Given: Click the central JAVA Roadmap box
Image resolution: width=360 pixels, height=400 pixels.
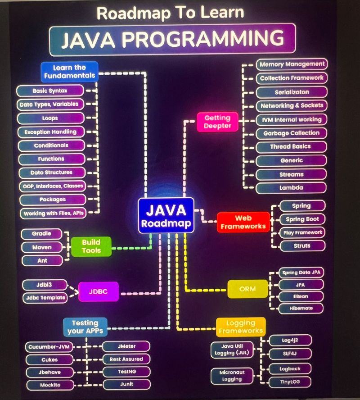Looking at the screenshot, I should (166, 215).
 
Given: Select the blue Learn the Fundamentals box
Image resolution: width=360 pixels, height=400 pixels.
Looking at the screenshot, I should (69, 72).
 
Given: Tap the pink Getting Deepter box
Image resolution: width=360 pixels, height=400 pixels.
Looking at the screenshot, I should (217, 122).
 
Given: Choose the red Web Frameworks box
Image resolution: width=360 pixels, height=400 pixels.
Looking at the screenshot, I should (243, 222).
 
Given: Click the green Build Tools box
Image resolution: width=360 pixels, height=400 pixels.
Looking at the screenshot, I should (91, 246).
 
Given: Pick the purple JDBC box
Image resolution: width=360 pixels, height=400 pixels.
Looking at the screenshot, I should (99, 291).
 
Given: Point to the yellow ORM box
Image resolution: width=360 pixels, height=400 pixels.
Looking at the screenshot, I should (247, 289).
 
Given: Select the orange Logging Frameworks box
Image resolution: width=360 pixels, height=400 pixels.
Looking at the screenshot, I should (241, 327).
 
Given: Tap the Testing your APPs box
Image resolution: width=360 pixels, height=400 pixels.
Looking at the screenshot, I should (85, 327).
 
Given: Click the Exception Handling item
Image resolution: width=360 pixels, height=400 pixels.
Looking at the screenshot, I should (50, 132).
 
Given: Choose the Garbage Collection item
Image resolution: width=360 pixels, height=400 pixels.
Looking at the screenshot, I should (291, 133).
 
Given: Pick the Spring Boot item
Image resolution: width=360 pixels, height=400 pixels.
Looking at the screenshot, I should (302, 219).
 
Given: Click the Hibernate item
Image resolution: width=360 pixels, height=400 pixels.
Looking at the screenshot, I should (301, 309).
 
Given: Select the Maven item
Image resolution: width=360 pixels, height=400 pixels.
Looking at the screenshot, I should (42, 247).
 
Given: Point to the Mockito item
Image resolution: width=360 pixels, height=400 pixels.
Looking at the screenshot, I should (50, 385).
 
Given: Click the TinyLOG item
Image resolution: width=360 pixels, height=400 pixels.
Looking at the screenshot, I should (290, 382).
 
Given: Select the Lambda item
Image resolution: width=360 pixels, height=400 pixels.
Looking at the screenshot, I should (292, 188).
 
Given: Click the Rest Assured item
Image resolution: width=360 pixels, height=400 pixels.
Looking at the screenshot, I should (126, 359).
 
